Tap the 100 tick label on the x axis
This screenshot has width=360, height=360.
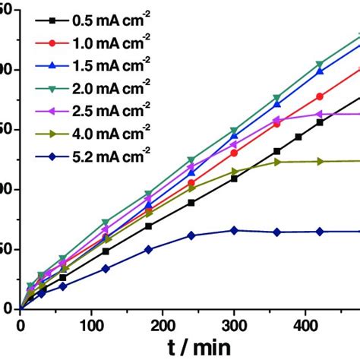click(91, 324)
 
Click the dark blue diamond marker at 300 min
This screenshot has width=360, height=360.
click(234, 230)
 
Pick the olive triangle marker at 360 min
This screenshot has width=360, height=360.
click(277, 162)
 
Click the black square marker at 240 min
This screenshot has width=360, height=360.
click(191, 203)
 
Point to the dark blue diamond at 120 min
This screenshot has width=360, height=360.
click(106, 268)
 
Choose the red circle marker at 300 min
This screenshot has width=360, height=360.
click(234, 153)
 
